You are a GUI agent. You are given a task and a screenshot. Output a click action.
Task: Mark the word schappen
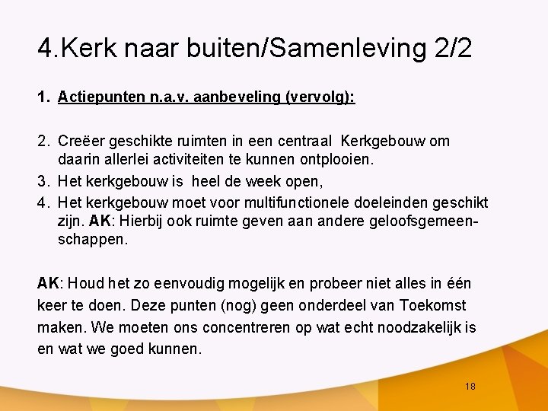(x=93, y=240)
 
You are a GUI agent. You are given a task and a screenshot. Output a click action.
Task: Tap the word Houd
(x=89, y=284)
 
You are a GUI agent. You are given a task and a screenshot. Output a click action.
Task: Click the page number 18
(x=470, y=387)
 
